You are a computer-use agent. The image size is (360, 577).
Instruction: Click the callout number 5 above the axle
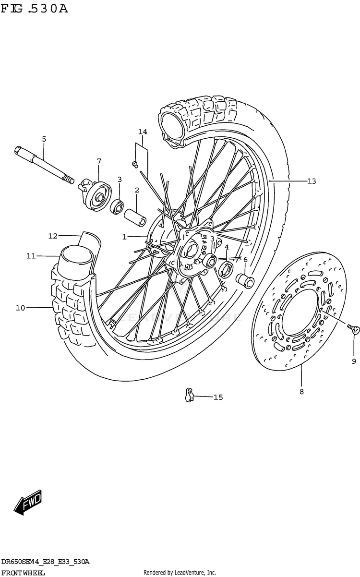(x=44, y=139)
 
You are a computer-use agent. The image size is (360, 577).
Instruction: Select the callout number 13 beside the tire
(x=312, y=181)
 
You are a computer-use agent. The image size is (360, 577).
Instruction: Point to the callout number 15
(x=218, y=397)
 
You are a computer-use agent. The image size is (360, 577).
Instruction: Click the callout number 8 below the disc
(x=301, y=392)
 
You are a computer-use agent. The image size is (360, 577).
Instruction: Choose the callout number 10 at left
(x=20, y=308)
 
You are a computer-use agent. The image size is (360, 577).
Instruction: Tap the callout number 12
(x=53, y=236)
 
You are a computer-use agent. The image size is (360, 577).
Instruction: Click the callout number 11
(x=31, y=256)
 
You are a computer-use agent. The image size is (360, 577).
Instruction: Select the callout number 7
(x=99, y=161)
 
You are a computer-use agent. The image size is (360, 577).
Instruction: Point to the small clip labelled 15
(x=189, y=395)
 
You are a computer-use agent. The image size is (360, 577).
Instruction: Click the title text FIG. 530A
(x=35, y=9)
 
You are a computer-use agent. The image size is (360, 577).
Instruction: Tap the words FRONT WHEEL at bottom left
(x=24, y=573)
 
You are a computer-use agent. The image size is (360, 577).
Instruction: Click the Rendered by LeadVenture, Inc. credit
(x=180, y=573)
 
